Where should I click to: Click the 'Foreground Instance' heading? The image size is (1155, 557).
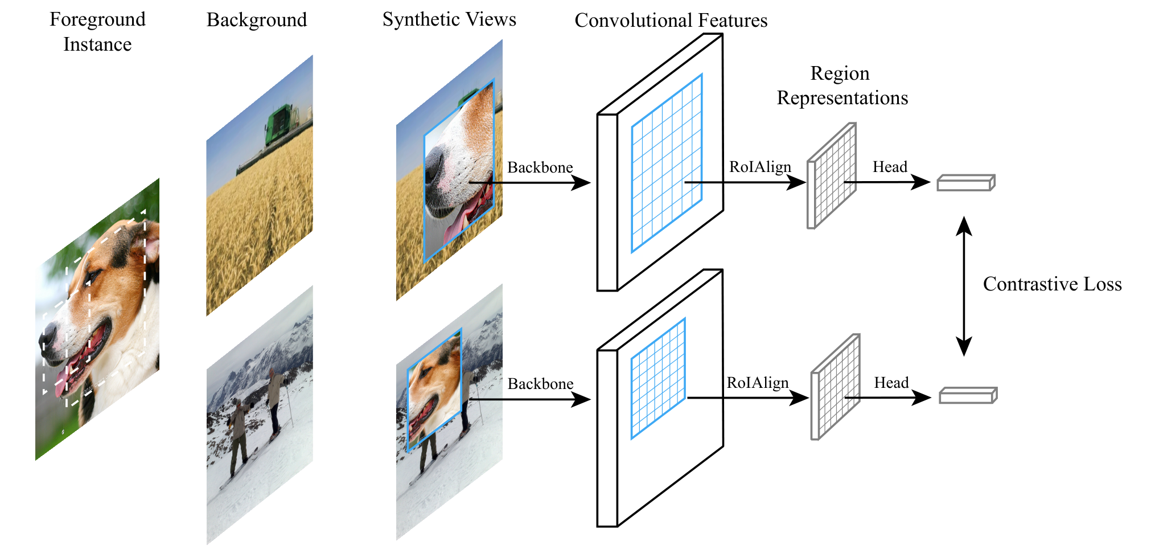(97, 32)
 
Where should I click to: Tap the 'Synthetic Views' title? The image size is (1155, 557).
(449, 19)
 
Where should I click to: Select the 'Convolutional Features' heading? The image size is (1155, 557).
(671, 21)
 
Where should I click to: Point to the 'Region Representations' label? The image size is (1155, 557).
(842, 85)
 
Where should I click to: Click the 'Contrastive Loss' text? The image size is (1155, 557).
(1053, 284)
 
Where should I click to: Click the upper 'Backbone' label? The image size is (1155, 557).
(540, 167)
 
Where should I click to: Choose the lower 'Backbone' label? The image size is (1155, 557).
(540, 384)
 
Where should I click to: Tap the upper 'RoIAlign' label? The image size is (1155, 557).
(761, 167)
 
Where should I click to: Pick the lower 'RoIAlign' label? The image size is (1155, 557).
(758, 383)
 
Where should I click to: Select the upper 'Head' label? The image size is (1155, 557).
(890, 167)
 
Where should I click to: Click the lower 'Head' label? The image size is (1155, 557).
(891, 383)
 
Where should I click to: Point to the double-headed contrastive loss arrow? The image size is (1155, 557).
(964, 286)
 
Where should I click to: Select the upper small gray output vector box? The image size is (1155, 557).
(966, 183)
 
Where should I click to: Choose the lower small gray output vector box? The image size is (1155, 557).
(968, 395)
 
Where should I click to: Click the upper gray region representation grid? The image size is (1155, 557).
(832, 176)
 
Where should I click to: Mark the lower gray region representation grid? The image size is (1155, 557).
(835, 387)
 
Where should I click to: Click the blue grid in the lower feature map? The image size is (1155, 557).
(658, 379)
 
